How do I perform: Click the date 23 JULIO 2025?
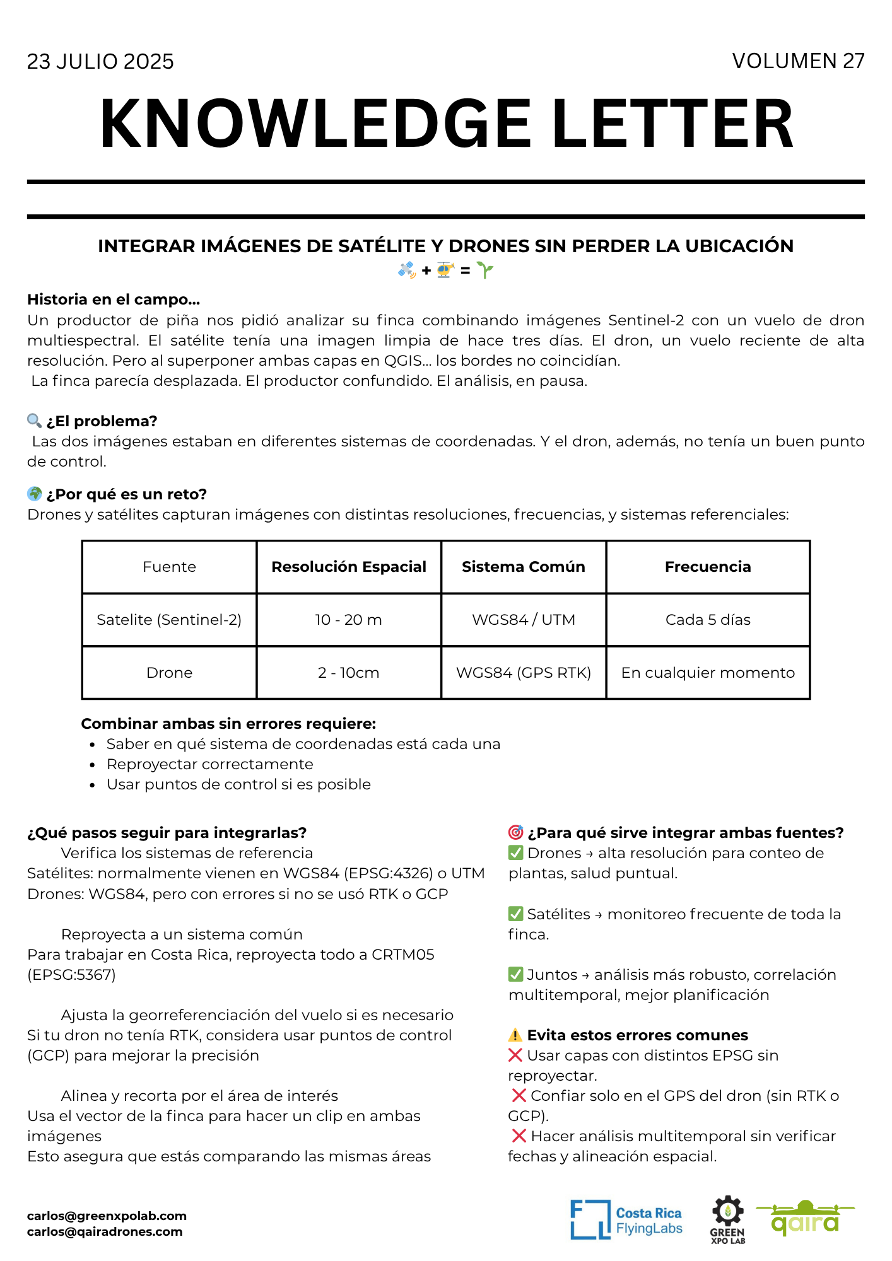tap(100, 62)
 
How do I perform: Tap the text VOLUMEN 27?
tap(798, 61)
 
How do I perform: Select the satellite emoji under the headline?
tap(407, 270)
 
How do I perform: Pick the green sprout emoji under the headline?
tap(485, 270)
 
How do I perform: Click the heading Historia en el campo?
tap(114, 299)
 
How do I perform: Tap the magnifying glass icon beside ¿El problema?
tap(35, 421)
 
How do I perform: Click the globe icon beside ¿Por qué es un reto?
tap(35, 494)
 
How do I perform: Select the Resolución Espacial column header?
tap(349, 567)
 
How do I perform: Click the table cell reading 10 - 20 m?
tap(349, 620)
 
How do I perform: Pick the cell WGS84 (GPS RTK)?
tap(524, 673)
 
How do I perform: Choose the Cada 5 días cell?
tap(708, 620)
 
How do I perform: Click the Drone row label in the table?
tap(169, 673)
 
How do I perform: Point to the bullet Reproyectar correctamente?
tap(210, 764)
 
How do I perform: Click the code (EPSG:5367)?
tap(71, 975)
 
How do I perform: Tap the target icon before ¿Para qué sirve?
tap(515, 832)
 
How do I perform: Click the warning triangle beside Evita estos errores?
tap(515, 1035)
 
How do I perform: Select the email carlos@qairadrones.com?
tap(105, 1231)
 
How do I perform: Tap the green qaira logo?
tap(806, 1218)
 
